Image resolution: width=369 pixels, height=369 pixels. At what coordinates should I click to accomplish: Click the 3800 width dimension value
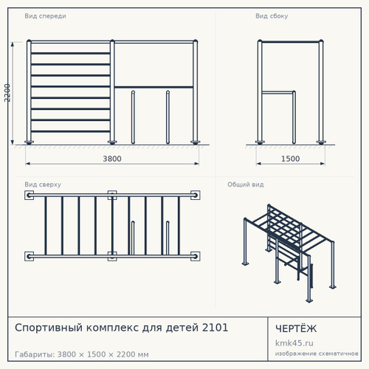click(112, 159)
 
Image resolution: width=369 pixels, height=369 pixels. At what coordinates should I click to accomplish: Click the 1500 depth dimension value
click(290, 159)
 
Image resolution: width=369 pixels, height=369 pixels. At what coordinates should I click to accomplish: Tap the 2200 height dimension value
click(7, 93)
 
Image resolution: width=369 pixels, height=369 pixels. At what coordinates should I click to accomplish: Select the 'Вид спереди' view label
click(45, 16)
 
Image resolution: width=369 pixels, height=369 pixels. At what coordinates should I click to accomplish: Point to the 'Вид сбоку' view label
click(272, 16)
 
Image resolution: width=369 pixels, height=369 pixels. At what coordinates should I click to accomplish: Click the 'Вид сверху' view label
click(43, 184)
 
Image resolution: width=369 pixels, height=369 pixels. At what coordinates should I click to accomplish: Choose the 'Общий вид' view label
click(246, 184)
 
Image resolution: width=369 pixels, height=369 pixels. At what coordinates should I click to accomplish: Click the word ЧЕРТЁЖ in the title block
click(296, 328)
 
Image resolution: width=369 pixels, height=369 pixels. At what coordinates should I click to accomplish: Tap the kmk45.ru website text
click(294, 343)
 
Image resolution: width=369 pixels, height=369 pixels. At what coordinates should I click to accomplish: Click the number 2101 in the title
click(215, 328)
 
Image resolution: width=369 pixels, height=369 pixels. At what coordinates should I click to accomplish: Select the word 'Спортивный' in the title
click(49, 328)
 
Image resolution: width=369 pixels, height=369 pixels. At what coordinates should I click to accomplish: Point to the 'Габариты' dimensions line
click(82, 354)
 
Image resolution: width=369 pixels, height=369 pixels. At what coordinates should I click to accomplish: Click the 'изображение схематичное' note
click(317, 354)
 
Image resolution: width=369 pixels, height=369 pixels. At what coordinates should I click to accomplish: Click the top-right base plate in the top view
click(196, 196)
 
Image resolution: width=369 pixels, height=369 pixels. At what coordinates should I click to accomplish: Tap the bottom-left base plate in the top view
click(29, 256)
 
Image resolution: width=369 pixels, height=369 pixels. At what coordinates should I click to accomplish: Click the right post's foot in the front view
click(196, 142)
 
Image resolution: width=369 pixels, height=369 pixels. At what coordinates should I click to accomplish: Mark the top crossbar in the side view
click(290, 42)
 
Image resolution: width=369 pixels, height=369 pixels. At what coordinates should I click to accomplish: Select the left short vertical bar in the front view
click(133, 117)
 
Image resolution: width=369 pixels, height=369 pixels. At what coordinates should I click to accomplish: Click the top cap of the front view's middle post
click(112, 41)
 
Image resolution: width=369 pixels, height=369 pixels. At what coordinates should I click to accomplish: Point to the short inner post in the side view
click(294, 117)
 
